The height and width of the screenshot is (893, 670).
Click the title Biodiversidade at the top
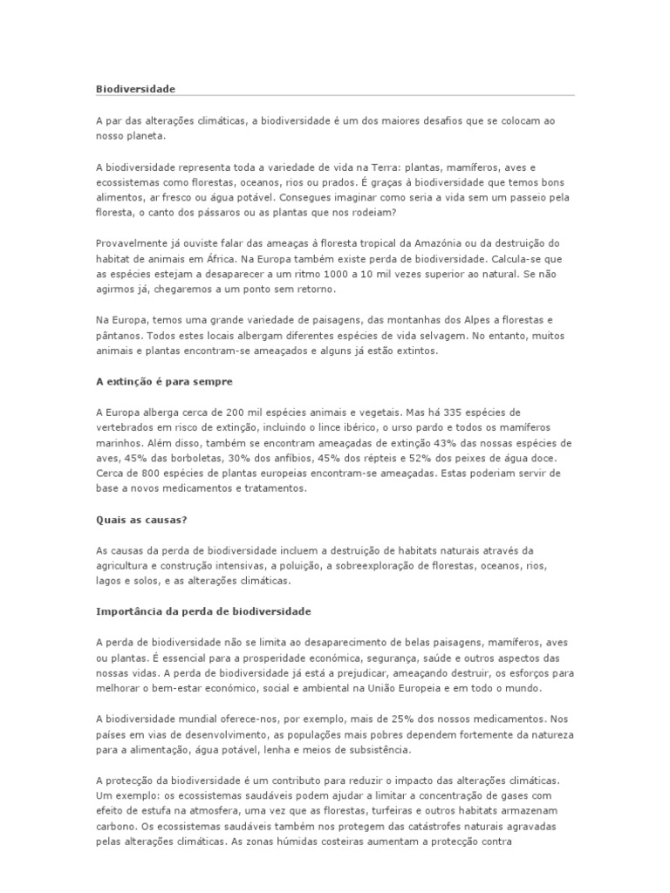coord(135,89)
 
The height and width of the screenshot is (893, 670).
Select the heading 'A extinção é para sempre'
coord(164,381)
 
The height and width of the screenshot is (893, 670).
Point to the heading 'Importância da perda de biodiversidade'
coord(202,611)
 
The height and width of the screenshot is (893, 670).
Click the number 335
coord(445,412)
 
